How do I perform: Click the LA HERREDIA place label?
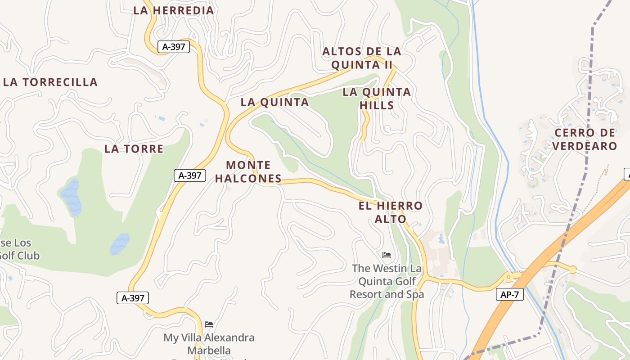tap(173, 10)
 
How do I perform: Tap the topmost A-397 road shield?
tap(173, 46)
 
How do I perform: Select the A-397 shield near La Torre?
tap(190, 175)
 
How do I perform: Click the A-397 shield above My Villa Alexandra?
tap(133, 298)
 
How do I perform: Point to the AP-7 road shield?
tap(510, 295)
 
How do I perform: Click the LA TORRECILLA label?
tap(50, 82)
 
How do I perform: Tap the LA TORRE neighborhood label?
tap(134, 149)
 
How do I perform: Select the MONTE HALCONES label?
tap(248, 172)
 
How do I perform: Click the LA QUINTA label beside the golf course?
tap(274, 102)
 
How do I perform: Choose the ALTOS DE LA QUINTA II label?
tap(362, 58)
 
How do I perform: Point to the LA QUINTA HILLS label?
tap(377, 99)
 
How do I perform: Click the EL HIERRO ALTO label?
tap(391, 212)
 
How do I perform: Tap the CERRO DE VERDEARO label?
tap(585, 139)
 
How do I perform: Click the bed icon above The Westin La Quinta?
tap(387, 255)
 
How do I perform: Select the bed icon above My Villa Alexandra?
tap(209, 324)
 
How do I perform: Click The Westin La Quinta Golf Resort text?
tap(387, 281)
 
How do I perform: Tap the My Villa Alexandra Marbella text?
tap(209, 344)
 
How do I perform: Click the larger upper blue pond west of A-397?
tap(71, 196)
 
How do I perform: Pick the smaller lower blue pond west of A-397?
tap(120, 243)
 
